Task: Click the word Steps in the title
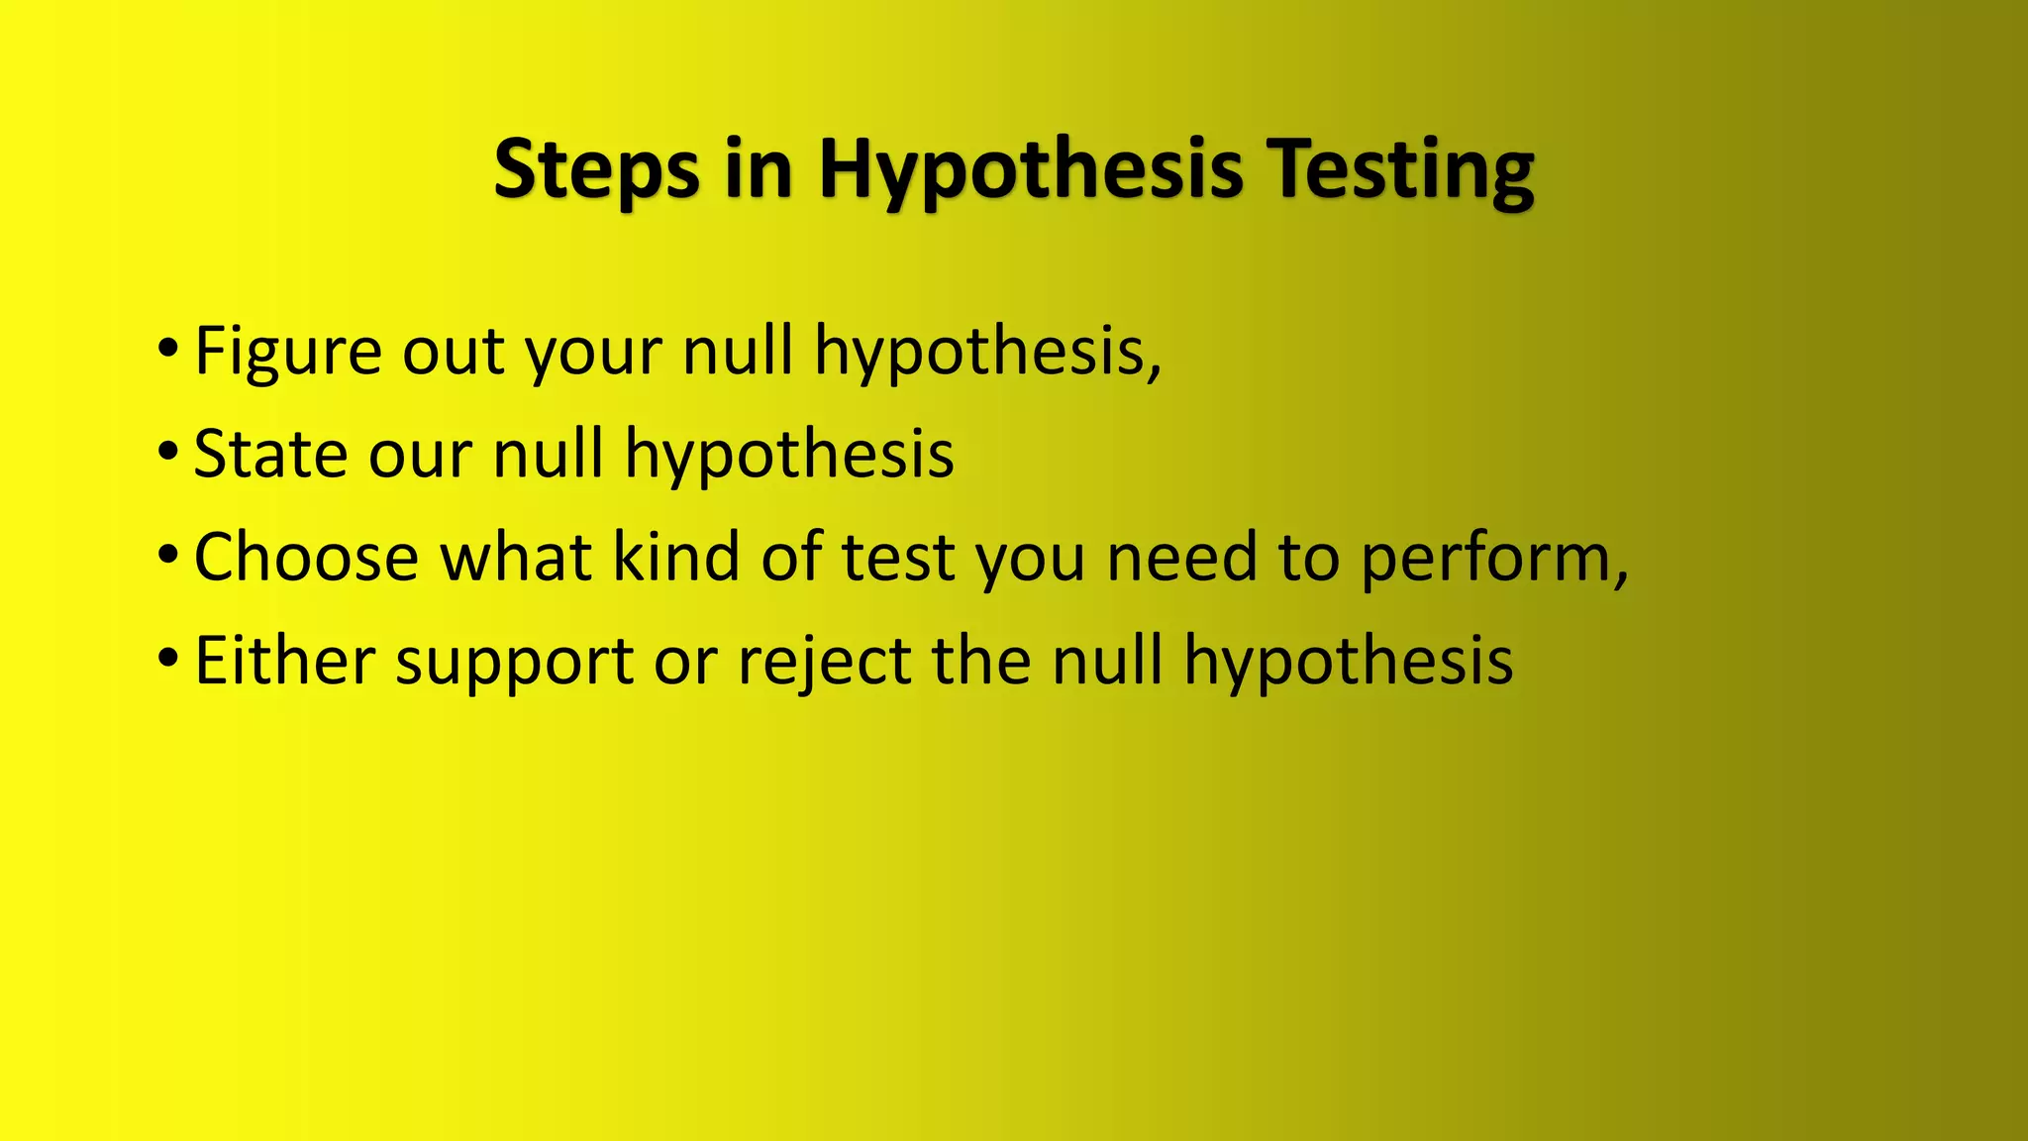pos(595,170)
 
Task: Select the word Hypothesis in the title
pos(1030,170)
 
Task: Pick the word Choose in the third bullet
pos(306,558)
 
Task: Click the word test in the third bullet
pos(898,558)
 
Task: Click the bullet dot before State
pos(167,452)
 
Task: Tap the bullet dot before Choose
pos(167,555)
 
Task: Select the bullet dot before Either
pos(167,658)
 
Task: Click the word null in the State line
pos(548,455)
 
